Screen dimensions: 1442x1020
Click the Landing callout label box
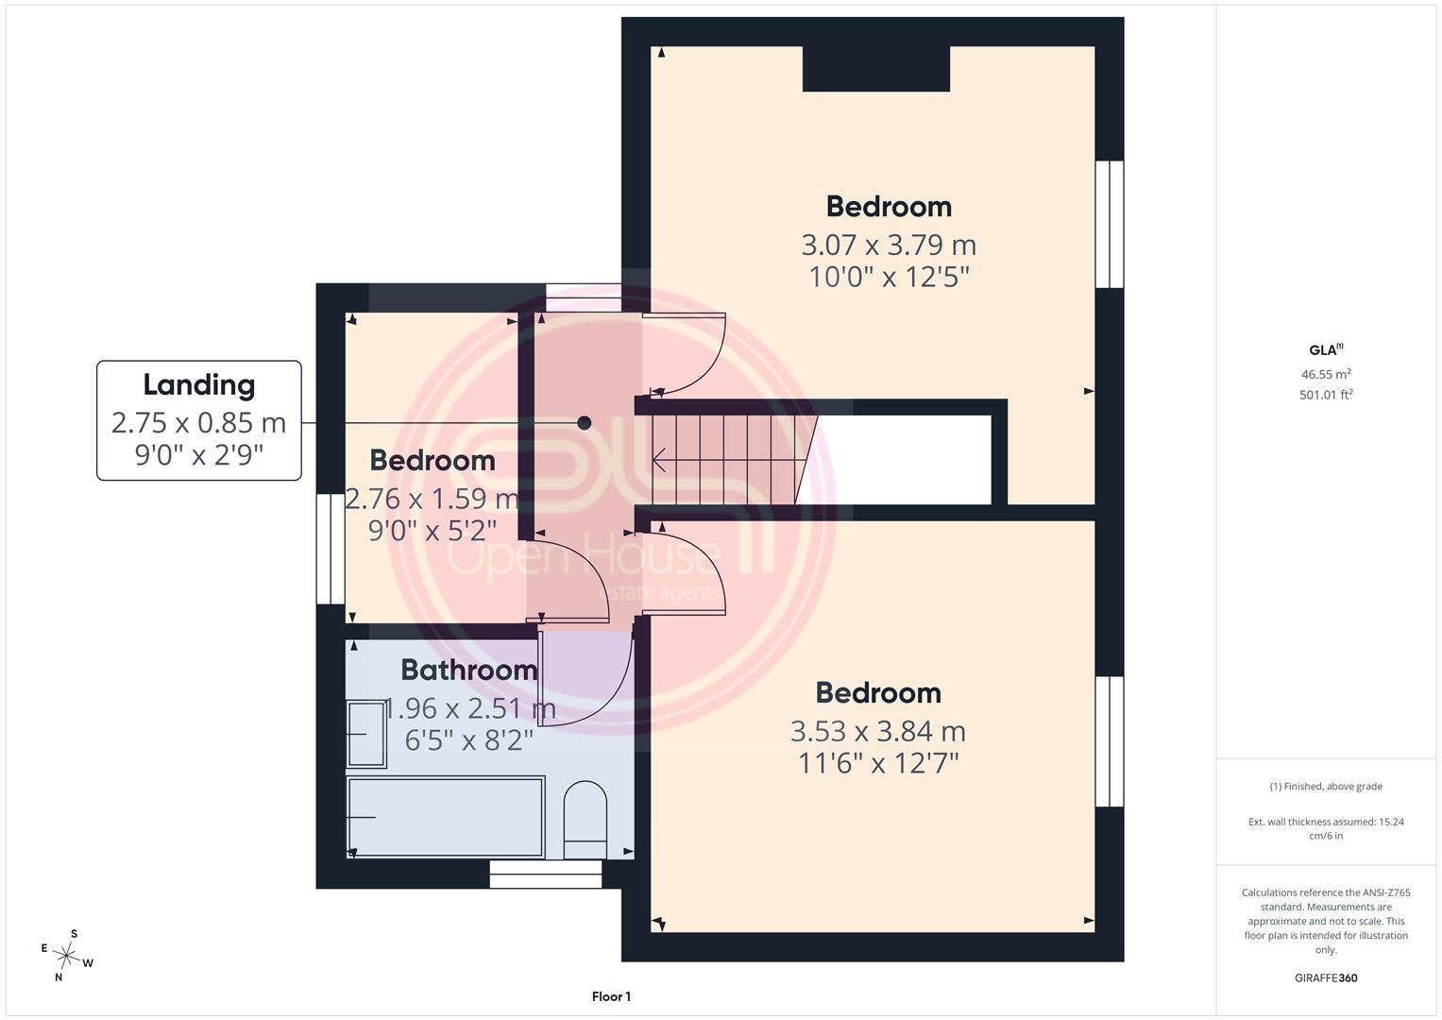point(199,420)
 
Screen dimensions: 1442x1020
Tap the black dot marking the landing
point(584,423)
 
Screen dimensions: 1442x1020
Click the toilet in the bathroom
point(585,820)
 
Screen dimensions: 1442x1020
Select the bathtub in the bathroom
point(446,817)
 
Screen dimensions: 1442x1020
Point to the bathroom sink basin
point(366,734)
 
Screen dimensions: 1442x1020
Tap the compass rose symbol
point(66,956)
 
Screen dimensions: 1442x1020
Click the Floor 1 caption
point(611,996)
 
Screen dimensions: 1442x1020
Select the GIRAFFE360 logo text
point(1326,977)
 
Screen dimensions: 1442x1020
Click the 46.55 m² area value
point(1326,374)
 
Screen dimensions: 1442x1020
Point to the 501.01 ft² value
point(1326,394)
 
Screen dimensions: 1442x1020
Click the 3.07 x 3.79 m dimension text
point(889,245)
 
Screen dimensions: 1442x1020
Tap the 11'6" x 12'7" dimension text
point(878,764)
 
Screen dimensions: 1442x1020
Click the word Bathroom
point(468,670)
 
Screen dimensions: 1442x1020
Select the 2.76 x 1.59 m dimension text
point(432,499)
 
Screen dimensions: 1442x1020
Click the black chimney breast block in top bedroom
point(876,68)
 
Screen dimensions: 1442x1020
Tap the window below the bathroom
point(545,875)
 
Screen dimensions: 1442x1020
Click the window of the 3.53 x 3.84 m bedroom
point(1110,741)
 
